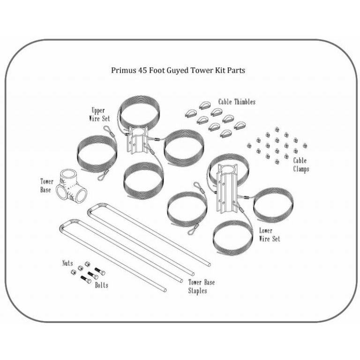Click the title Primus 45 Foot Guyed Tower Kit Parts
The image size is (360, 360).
178,71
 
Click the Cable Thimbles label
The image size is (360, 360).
237,102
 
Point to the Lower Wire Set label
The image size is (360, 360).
270,235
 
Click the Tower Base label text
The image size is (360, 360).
47,186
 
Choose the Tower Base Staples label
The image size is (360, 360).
202,286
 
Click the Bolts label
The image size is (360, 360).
101,285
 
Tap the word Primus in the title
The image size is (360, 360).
123,71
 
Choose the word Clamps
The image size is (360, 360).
301,169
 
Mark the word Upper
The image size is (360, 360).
98,111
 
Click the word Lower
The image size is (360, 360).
266,231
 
